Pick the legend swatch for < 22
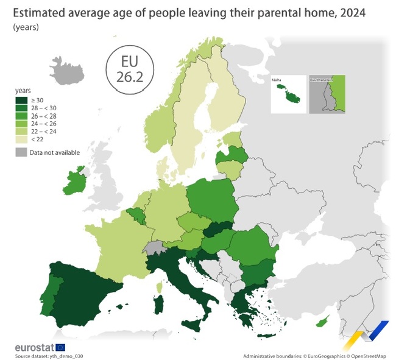pyautogui.click(x=21, y=139)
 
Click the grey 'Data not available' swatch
pyautogui.click(x=21, y=152)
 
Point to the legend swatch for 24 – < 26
pyautogui.click(x=21, y=124)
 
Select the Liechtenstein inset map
pyautogui.click(x=326, y=94)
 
